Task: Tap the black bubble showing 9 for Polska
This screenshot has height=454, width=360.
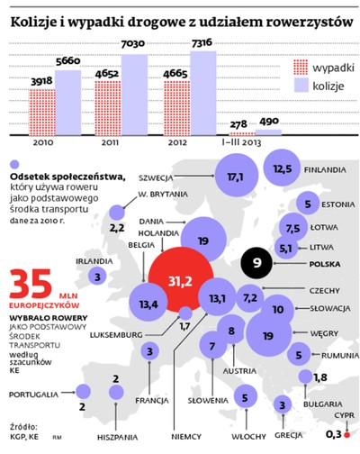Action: [257, 263]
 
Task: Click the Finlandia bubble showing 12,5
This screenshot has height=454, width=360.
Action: [283, 169]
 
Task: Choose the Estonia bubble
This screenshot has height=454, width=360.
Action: [309, 203]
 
